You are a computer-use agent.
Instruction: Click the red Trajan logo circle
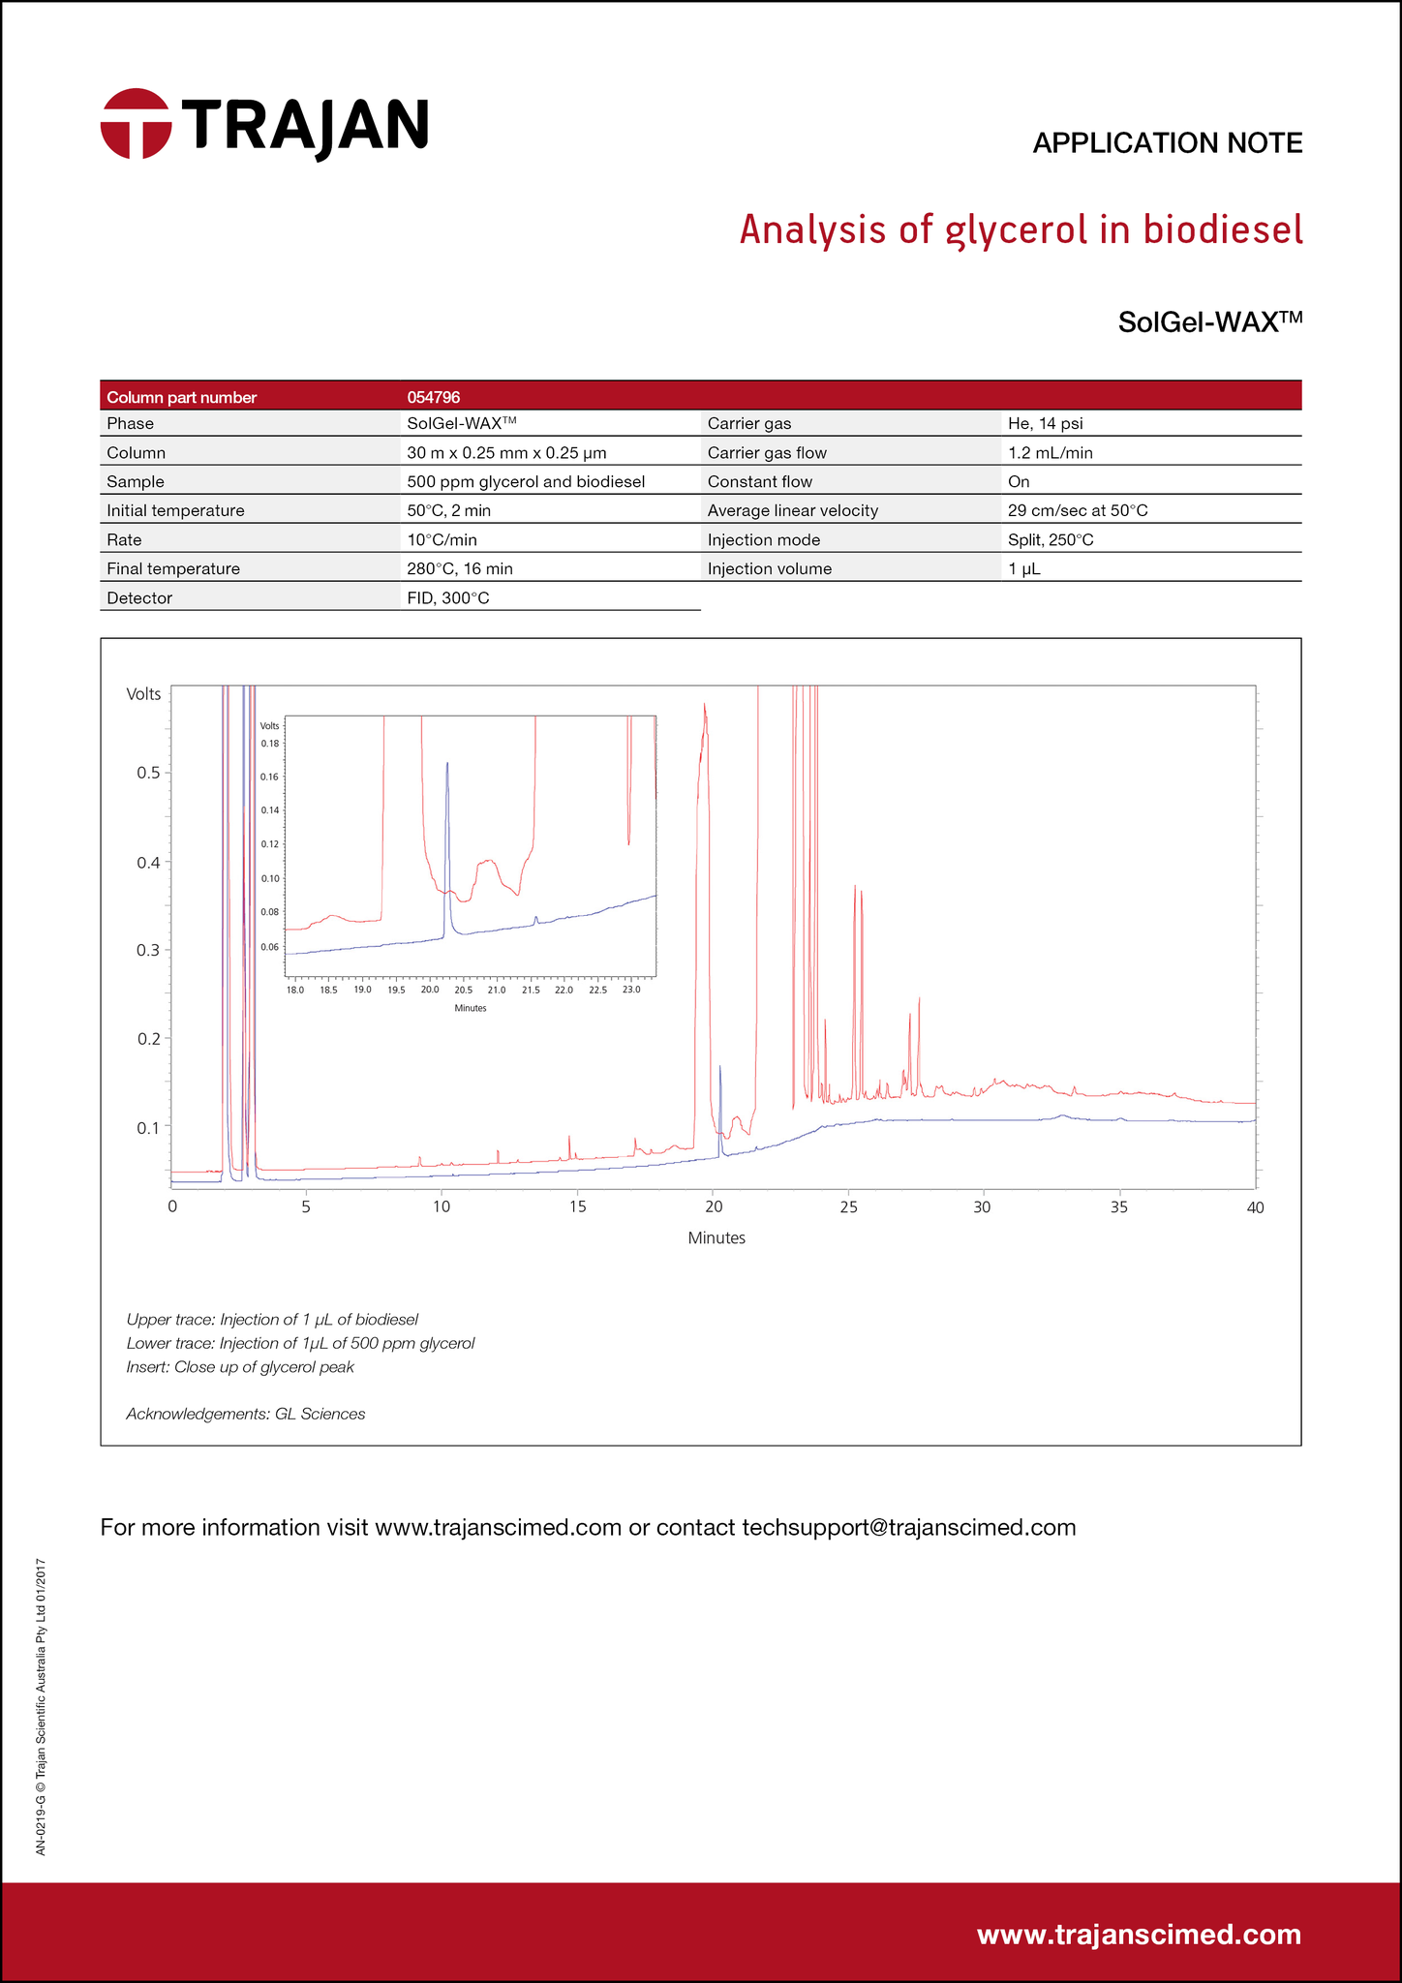pos(136,124)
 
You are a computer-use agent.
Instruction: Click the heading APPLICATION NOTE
pos(1167,143)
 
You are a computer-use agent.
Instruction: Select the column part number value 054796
pos(434,397)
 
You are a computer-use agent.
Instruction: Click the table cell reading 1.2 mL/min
pos(1050,452)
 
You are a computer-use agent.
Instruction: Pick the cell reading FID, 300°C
pos(448,598)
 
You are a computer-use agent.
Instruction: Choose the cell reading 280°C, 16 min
pos(460,568)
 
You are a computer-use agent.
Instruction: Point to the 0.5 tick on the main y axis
pos(148,773)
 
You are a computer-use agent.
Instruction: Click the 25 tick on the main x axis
pos(848,1206)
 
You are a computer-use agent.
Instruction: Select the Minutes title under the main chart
pos(716,1237)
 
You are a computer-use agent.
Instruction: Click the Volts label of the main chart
pos(144,693)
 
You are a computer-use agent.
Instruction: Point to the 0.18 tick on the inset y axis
pos(270,744)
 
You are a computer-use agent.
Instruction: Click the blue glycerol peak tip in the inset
pos(447,763)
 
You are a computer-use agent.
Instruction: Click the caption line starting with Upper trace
pos(272,1319)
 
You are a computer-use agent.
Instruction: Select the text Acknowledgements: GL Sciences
pos(246,1414)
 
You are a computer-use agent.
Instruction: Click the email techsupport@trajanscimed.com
pos(908,1527)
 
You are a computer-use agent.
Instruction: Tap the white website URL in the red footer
pos(1139,1934)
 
